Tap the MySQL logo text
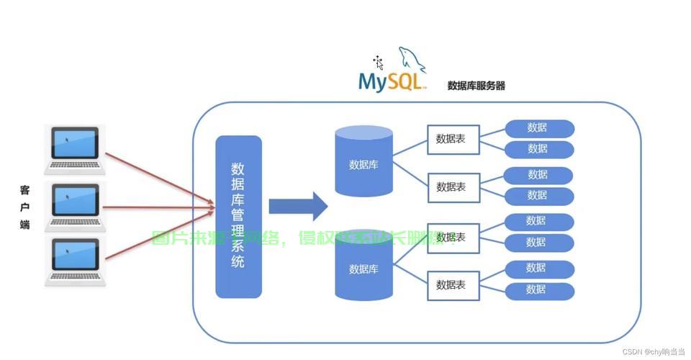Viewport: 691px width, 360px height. point(391,81)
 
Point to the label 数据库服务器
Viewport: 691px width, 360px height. point(476,86)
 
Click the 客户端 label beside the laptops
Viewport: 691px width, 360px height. point(25,207)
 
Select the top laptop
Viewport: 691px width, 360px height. point(75,150)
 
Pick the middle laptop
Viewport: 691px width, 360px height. point(75,206)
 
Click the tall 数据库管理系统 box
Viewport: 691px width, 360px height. point(238,217)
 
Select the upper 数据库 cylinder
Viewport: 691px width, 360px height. point(363,161)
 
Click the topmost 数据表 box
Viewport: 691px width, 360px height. point(453,140)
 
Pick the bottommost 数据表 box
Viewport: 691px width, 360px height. point(453,285)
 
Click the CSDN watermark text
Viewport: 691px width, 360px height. point(653,351)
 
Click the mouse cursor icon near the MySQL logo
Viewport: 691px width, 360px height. point(378,62)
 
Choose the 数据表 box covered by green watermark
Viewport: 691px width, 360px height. point(453,238)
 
